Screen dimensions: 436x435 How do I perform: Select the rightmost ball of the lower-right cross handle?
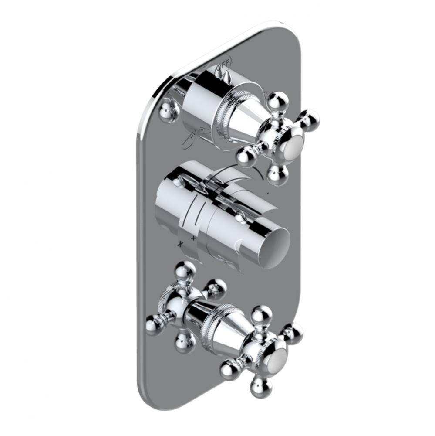[x=293, y=333]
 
